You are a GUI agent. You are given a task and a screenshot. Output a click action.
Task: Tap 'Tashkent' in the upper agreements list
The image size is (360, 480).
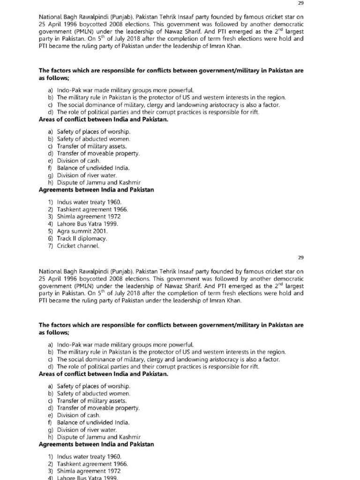[68, 210]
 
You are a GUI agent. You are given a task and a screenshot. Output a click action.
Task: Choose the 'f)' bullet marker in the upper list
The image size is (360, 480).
[50, 168]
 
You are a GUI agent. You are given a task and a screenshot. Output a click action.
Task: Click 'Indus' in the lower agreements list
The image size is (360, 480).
[65, 457]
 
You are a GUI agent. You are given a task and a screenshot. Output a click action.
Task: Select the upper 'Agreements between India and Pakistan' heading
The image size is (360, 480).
[96, 190]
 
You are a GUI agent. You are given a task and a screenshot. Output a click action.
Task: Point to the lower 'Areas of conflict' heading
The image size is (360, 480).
[103, 374]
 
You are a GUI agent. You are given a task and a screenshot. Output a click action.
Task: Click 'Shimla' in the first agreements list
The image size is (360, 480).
[67, 217]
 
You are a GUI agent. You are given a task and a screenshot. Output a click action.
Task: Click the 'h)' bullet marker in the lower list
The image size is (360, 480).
[50, 437]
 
